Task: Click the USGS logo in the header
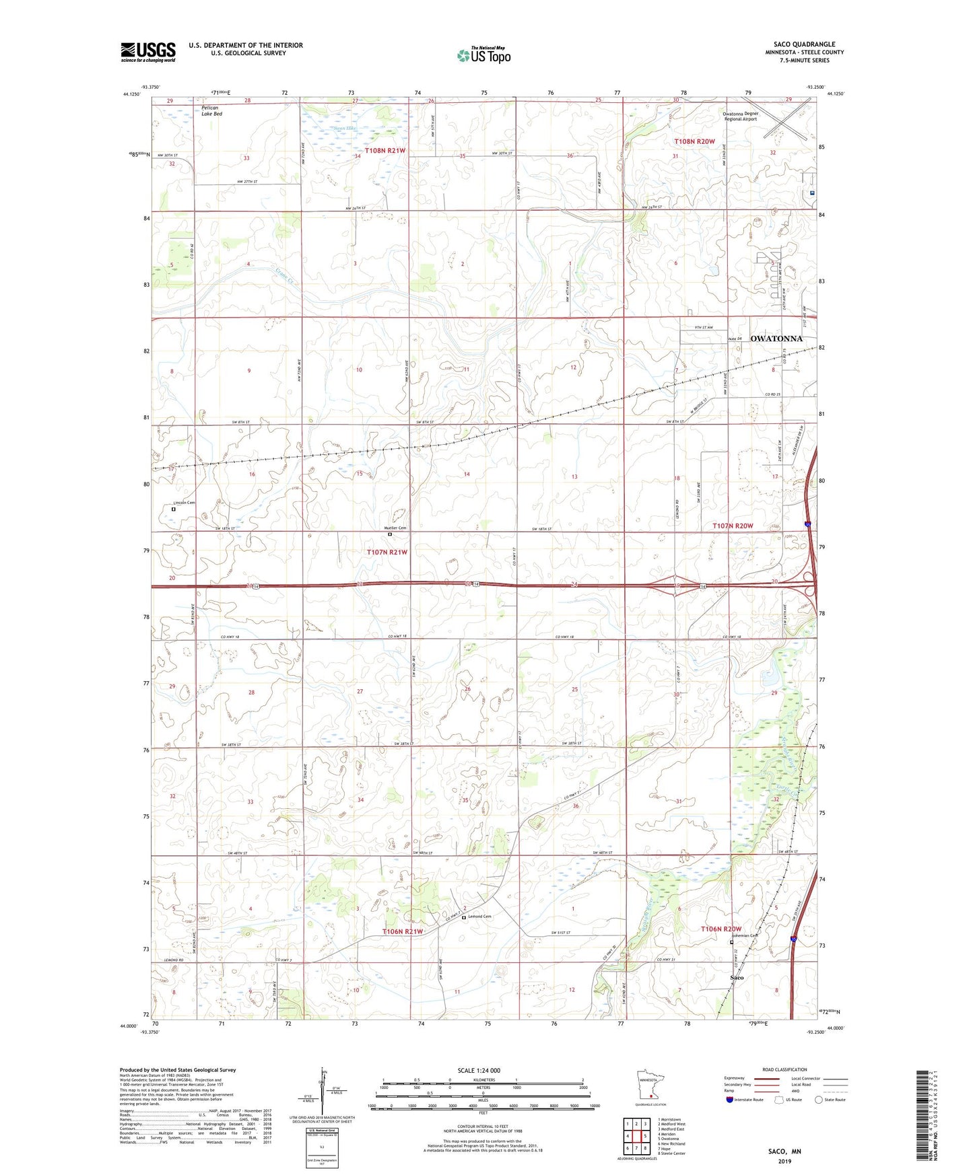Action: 147,52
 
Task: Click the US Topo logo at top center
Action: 483,55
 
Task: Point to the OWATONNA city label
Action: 776,339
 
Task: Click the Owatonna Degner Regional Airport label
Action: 741,116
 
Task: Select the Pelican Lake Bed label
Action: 211,111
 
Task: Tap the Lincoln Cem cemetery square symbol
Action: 174,509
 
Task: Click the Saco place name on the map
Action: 737,977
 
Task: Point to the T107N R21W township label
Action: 387,552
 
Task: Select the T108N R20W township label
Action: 694,141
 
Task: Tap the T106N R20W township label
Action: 720,929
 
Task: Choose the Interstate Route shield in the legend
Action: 730,1100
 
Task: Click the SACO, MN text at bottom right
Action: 784,1151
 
